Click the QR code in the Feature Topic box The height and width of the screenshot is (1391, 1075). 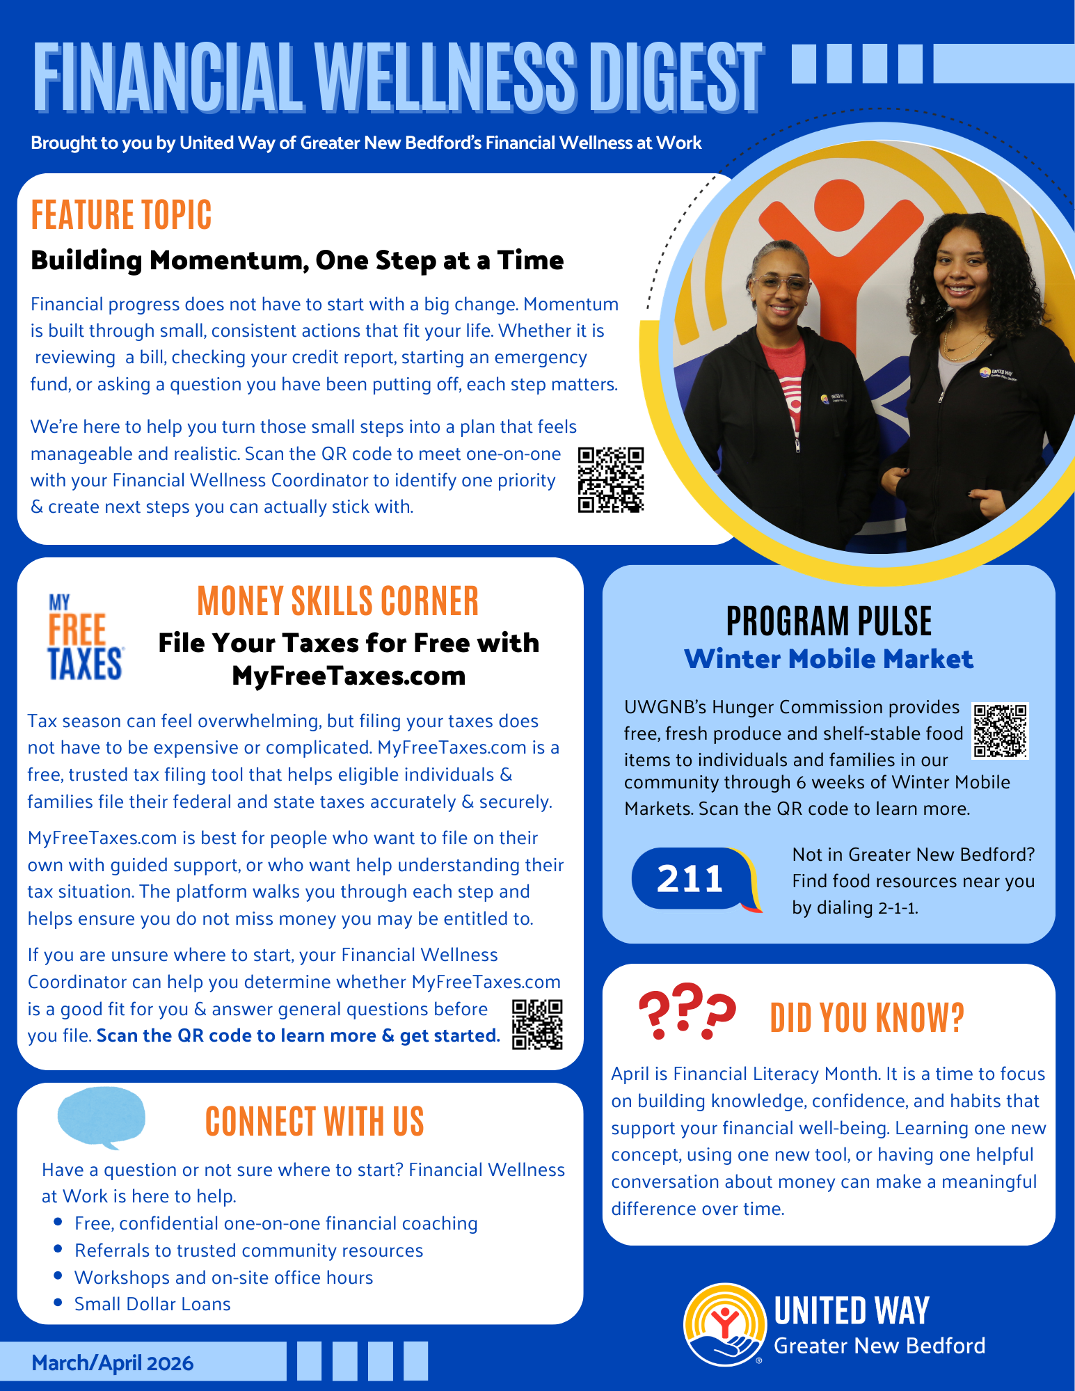click(610, 479)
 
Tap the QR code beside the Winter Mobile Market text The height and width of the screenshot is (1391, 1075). click(1000, 731)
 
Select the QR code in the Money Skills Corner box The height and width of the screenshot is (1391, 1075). click(537, 1024)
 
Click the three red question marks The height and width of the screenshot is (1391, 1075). click(686, 1010)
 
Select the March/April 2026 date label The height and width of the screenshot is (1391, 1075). click(113, 1362)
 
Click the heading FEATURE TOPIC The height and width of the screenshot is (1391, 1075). click(121, 215)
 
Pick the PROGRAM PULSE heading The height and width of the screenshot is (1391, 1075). click(829, 621)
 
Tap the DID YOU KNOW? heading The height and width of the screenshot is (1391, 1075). click(867, 1018)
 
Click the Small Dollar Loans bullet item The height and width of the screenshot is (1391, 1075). click(152, 1304)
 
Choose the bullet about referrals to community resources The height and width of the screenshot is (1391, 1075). click(248, 1250)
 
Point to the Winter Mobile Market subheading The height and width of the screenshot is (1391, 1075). click(829, 659)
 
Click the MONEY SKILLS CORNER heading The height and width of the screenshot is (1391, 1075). click(337, 601)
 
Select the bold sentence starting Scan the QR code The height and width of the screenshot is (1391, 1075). click(298, 1035)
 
